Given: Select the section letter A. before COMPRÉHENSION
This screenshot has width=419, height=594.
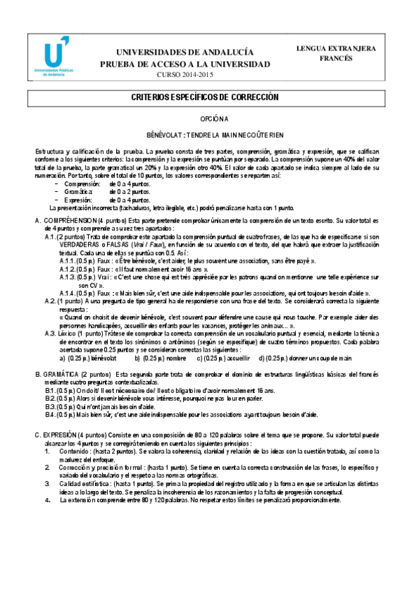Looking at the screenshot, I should coord(38,221).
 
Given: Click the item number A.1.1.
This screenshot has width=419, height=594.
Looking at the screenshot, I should coord(69,261).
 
